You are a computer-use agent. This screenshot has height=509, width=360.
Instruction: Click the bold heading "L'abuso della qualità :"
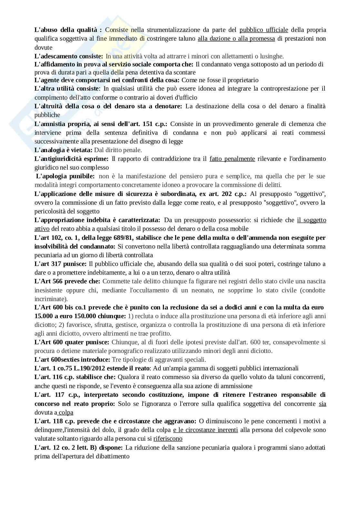pos(68,30)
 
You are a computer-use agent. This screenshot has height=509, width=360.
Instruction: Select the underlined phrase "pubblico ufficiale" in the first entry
pos(264,30)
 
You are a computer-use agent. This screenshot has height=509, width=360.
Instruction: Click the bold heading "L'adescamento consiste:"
pos(69,56)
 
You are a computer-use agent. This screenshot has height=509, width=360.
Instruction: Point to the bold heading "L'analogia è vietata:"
pos(63,150)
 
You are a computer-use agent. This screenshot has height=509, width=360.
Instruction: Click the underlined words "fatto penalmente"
pos(232,159)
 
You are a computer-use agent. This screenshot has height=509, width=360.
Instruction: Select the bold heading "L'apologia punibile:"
pos(65,176)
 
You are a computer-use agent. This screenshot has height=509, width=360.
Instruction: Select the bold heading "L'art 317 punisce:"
pos(60,264)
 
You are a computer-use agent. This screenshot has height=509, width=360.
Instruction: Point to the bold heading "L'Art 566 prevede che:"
pos(67,281)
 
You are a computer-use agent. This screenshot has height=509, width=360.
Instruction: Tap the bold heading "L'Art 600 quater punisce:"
pos(72,342)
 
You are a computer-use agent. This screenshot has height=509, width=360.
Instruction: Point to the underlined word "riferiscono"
pos(168,438)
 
